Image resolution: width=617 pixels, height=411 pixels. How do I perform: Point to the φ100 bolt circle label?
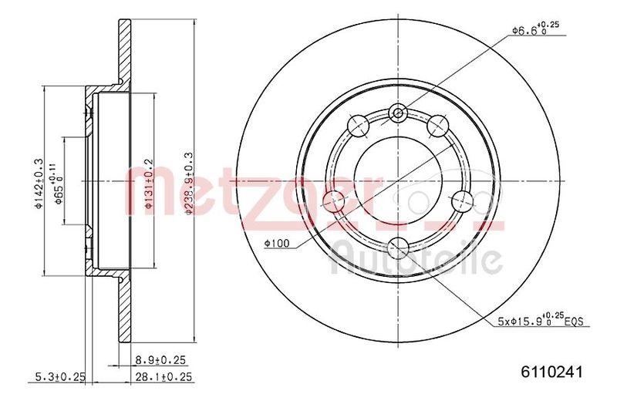pos(275,244)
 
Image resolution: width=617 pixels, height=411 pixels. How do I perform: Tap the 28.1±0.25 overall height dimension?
pos(162,376)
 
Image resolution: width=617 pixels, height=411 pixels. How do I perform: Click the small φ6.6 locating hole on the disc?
pos(398,114)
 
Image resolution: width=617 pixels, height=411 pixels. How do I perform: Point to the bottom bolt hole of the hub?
pos(398,248)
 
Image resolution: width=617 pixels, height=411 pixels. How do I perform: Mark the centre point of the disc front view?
pos(398,182)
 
